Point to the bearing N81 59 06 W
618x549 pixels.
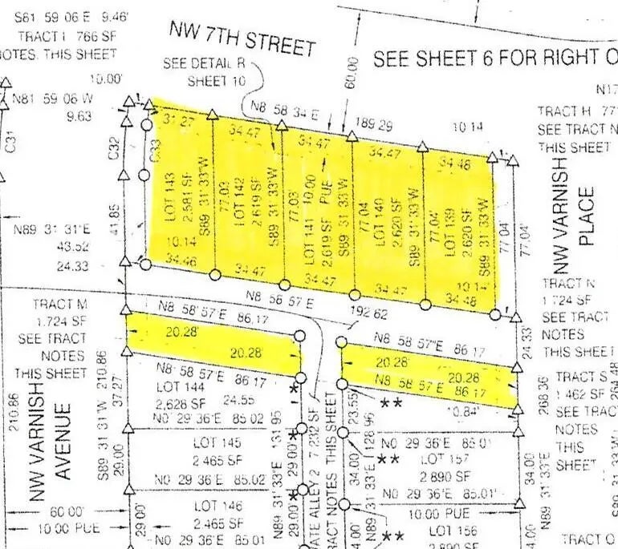coord(53,99)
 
